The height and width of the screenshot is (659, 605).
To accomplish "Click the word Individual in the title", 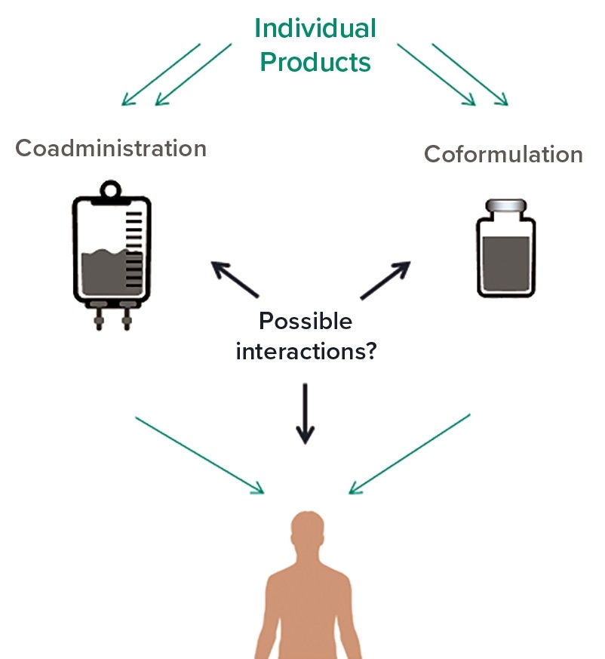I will point(315,29).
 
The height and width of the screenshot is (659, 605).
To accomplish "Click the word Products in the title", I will point(315,62).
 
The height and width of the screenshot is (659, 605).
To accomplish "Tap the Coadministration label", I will point(111,148).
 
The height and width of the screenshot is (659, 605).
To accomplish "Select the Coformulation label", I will point(503,155).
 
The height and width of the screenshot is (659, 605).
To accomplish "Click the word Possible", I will point(306,322).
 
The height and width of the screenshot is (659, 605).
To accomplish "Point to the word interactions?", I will point(306,351).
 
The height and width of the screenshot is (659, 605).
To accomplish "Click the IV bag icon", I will point(112,249).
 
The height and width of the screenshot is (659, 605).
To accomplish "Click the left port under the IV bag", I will point(97,316).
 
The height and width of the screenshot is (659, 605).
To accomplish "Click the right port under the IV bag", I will point(125,316).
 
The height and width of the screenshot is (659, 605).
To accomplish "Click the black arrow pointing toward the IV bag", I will point(235,279).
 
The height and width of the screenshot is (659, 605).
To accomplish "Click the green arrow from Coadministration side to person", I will point(200,456).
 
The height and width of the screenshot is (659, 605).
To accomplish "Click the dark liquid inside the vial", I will point(505,264).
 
